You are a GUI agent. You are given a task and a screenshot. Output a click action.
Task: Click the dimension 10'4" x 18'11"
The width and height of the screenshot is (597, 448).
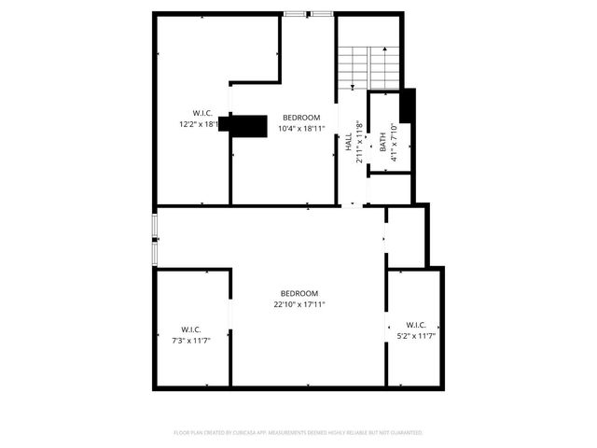coord(301,128)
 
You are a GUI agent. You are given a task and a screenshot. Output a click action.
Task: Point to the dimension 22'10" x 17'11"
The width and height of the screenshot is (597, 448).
coord(299,303)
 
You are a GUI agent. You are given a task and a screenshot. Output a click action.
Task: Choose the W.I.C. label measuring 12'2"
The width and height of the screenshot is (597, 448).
coord(202,113)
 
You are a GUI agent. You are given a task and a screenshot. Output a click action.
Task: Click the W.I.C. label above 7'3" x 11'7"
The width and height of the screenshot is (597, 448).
coord(191,329)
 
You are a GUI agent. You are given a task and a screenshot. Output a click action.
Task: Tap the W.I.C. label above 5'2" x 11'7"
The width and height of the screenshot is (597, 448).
coord(417,324)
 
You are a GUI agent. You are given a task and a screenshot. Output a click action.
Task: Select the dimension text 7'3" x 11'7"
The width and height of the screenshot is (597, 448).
coord(191,340)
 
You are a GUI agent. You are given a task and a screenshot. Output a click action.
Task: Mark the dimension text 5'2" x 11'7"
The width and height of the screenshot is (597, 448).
coord(417,335)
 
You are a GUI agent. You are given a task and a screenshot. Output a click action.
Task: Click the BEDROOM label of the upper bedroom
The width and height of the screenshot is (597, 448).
coord(301,118)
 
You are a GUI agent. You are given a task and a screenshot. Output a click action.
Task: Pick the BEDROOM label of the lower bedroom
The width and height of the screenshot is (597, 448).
coord(299,292)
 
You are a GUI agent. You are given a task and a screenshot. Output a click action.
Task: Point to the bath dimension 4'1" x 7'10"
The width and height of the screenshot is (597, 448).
coord(395,142)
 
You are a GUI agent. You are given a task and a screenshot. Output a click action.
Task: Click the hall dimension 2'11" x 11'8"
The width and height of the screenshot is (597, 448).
coord(360,142)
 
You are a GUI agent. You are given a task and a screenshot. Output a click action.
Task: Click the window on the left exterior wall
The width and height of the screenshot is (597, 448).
coord(155,239)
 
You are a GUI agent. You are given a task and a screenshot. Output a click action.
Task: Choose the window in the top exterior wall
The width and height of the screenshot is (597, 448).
coord(309,14)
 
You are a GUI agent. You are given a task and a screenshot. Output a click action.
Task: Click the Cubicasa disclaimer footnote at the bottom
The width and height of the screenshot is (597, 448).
coord(298,433)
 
